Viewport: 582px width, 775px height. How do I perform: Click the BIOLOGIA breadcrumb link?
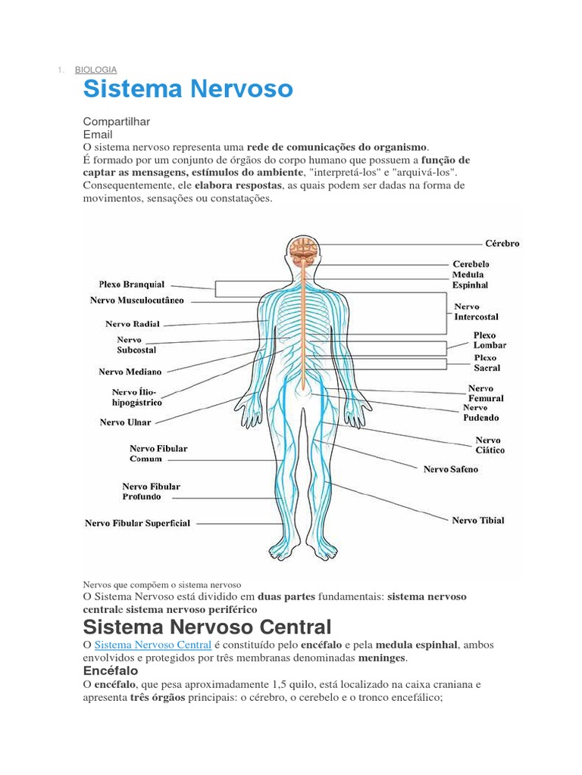tap(95, 70)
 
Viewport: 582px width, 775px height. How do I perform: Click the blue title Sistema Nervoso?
tap(187, 89)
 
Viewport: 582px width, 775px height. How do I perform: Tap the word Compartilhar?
tap(117, 122)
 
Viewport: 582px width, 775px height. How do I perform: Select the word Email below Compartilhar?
tap(97, 134)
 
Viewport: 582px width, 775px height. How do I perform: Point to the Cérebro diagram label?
tap(502, 244)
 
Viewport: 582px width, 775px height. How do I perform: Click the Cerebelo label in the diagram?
tap(471, 263)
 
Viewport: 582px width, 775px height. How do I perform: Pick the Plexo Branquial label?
tap(131, 285)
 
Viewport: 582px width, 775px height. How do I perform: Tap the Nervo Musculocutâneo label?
tap(136, 300)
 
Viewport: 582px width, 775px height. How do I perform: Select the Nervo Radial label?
tap(132, 323)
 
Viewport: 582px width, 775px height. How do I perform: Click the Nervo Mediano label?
tap(130, 372)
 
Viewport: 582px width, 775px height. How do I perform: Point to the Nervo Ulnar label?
tap(125, 422)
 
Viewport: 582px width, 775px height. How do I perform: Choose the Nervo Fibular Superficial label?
tap(137, 523)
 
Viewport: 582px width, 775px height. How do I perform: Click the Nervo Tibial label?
tap(477, 520)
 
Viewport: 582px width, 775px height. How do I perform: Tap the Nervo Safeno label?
tap(450, 469)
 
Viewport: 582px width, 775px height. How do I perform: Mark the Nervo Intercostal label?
tap(476, 312)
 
